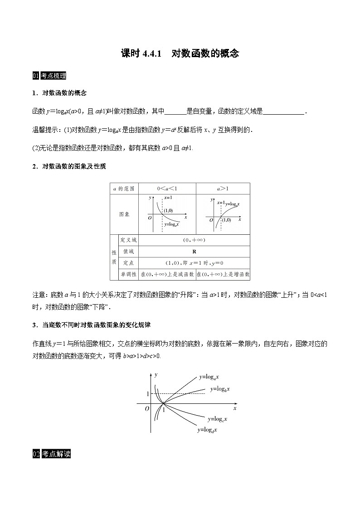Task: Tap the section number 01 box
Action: click(36, 76)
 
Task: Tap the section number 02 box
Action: click(36, 454)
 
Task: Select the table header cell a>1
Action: click(223, 189)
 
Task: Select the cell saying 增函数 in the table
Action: click(223, 274)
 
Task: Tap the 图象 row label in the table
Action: click(124, 214)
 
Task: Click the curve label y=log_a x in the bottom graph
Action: click(209, 377)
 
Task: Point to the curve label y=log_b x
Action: click(220, 389)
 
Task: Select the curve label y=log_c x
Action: click(217, 419)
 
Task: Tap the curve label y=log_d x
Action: click(207, 430)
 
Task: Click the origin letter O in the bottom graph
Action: click(147, 408)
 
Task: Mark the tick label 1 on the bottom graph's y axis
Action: click(147, 394)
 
